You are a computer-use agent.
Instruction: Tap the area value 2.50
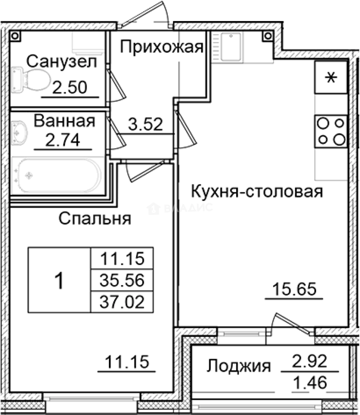(x=69, y=88)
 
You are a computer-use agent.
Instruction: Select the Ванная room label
(x=64, y=121)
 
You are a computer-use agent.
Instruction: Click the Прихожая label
(x=161, y=47)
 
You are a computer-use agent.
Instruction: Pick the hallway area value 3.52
(x=146, y=124)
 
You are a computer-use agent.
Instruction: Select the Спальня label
(x=95, y=219)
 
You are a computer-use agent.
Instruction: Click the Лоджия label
(x=238, y=366)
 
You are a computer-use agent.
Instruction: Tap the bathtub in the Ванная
(x=56, y=176)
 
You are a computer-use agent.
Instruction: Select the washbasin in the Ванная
(x=19, y=133)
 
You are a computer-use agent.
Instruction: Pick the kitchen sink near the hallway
(x=230, y=47)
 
